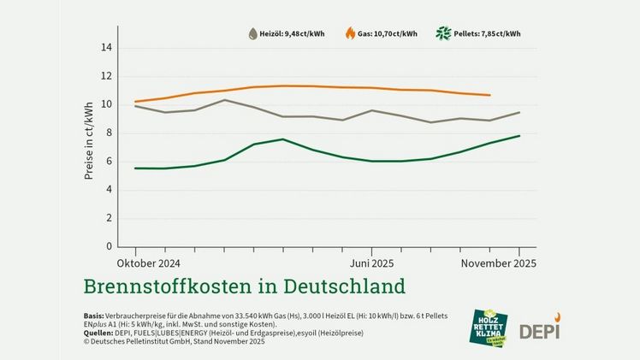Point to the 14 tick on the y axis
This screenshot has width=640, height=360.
coord(106,48)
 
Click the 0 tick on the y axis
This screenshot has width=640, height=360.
coord(109,246)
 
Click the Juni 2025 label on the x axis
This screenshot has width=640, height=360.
coord(370,263)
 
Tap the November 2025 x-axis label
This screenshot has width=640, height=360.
coord(498,263)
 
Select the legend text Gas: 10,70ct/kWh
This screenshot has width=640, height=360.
coord(388,34)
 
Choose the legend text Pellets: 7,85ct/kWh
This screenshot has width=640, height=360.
coord(488,34)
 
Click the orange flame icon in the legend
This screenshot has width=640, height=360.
coord(350,33)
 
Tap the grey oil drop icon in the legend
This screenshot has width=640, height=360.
coord(252,34)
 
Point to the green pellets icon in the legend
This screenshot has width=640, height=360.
coord(443,34)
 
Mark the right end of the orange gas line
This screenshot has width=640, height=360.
coord(489,95)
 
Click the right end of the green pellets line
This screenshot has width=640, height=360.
coord(519,136)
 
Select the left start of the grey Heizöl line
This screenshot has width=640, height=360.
coord(136,106)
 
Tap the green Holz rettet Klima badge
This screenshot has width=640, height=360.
coord(489,328)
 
